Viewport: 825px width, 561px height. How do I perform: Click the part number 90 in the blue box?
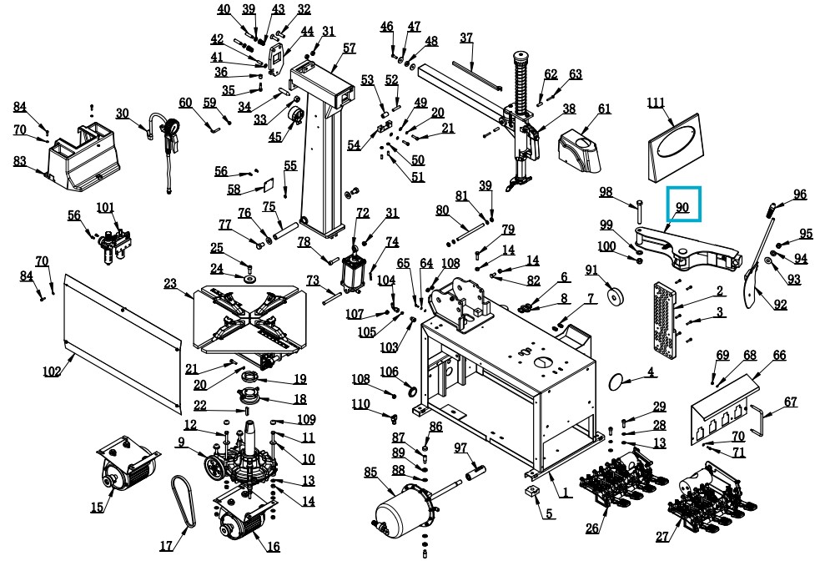(x=682, y=208)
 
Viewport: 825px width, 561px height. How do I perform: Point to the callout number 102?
(x=52, y=371)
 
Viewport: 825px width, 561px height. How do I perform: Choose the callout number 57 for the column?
(x=349, y=48)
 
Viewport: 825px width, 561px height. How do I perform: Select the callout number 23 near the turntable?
(x=171, y=284)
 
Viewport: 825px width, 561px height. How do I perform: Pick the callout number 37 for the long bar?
(x=466, y=38)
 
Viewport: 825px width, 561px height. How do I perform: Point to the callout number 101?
(x=105, y=207)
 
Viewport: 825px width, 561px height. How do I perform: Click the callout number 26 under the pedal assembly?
(x=592, y=528)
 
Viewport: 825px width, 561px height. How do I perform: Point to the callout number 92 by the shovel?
(x=780, y=305)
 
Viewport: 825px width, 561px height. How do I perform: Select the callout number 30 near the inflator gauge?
(x=123, y=114)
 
